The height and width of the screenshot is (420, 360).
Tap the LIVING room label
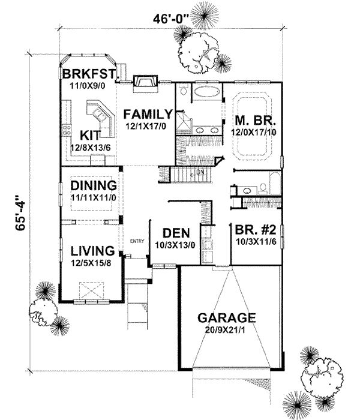[x=92, y=250]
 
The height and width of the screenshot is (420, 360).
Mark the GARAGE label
[x=227, y=318]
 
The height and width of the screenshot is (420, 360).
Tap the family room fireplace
[x=145, y=82]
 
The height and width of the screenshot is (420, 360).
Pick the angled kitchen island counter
[x=102, y=117]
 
